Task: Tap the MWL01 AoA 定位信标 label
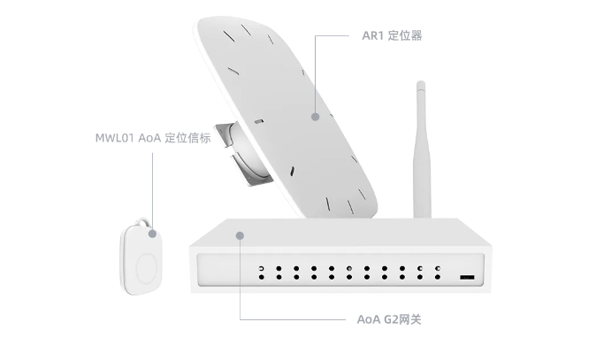(152, 139)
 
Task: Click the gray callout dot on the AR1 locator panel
(315, 115)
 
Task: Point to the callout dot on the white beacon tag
(152, 234)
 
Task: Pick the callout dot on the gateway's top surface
(239, 234)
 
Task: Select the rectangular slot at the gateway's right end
(465, 278)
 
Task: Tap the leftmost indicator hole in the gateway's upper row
(260, 267)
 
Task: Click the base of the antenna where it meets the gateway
(419, 215)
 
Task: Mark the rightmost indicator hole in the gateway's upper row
(437, 267)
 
